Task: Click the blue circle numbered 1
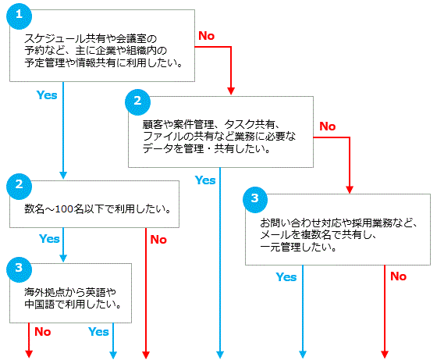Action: (x=19, y=16)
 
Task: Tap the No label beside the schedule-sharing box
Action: (x=206, y=36)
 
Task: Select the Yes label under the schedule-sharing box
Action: (x=47, y=95)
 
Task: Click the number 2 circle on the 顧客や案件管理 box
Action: (x=137, y=102)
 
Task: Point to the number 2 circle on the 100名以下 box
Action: (x=19, y=187)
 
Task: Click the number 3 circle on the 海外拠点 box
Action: (x=19, y=269)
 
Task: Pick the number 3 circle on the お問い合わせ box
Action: (x=255, y=200)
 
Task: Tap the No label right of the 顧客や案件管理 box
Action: (x=328, y=127)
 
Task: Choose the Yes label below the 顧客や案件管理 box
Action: (x=205, y=180)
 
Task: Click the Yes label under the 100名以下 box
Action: (x=49, y=239)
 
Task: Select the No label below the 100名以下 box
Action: (x=158, y=240)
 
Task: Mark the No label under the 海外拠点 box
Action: (x=43, y=332)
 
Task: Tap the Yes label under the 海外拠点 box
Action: (x=98, y=332)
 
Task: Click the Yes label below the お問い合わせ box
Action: (x=286, y=277)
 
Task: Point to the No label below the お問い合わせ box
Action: (x=398, y=276)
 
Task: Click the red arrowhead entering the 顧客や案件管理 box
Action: (x=231, y=91)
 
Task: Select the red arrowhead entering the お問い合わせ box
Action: (x=350, y=190)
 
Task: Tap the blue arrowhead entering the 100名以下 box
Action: (x=63, y=175)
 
